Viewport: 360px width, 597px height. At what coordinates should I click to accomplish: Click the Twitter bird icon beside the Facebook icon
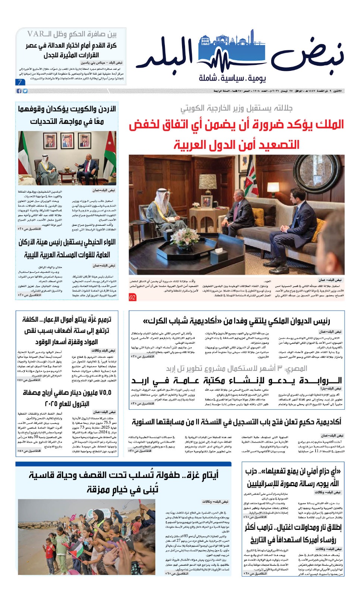(x=25, y=91)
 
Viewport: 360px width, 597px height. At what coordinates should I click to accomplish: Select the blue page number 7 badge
(x=19, y=82)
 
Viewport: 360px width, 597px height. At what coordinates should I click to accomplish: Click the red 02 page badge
(x=132, y=297)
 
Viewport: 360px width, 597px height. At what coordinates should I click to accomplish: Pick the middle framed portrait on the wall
(x=67, y=141)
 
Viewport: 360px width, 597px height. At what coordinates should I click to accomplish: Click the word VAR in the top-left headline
(x=36, y=34)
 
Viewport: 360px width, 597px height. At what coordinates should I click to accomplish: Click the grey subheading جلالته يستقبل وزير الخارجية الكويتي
(x=237, y=108)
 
